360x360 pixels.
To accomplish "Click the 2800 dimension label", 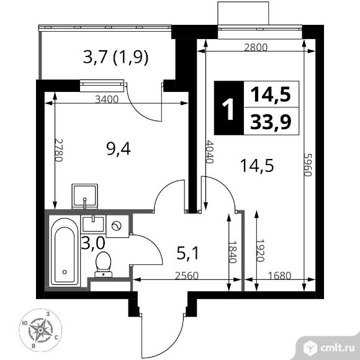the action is coord(256,48).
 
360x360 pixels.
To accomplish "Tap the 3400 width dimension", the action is coord(107,99).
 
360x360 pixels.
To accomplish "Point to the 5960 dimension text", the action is coord(308,164).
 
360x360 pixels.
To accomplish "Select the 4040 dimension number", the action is coord(209,151).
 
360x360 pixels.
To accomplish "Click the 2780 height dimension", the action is coord(58,150).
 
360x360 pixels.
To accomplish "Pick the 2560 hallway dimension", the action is coord(186,276).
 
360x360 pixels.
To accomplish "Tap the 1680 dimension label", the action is coord(279,276).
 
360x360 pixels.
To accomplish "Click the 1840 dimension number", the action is coord(232,251).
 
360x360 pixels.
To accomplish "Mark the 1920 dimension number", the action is coord(260,251).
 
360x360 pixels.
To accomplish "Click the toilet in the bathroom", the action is coord(103,264).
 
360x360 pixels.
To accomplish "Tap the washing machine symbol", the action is coord(117,226).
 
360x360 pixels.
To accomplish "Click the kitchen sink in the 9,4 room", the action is coord(84,196).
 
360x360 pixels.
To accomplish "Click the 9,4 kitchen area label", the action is coord(119,148).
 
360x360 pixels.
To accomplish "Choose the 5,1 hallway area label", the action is coord(187,253).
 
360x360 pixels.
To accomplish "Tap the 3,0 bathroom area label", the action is coord(93,243).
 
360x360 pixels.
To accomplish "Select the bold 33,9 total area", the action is coord(271,122).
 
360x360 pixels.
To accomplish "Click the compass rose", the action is coord(40,330).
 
